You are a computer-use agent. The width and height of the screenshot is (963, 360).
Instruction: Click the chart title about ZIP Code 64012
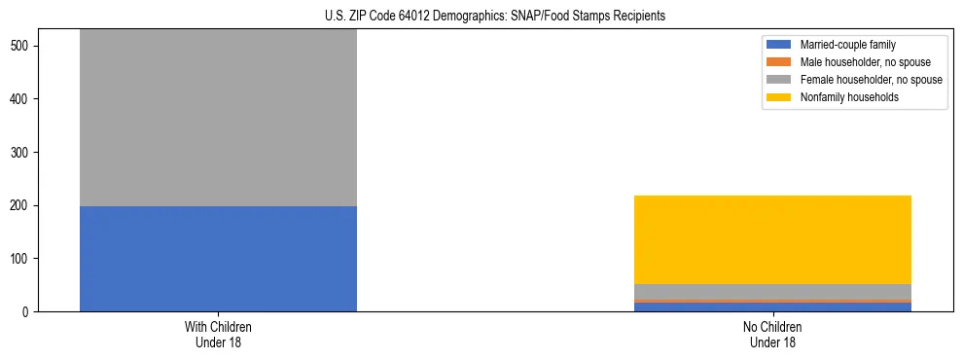pyautogui.click(x=495, y=17)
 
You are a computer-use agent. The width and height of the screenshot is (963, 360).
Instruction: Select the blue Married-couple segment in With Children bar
pyautogui.click(x=218, y=259)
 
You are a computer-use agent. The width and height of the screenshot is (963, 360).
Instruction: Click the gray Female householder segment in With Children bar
pyautogui.click(x=218, y=117)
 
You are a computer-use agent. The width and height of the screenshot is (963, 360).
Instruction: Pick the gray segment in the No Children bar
pyautogui.click(x=772, y=292)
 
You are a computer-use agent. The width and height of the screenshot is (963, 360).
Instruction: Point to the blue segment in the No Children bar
pyautogui.click(x=772, y=307)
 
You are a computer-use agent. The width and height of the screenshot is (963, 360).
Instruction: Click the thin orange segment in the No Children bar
pyautogui.click(x=772, y=302)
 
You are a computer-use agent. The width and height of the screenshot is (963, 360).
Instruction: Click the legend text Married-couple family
pyautogui.click(x=847, y=45)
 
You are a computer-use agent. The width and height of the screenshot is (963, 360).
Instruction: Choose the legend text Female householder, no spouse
pyautogui.click(x=871, y=80)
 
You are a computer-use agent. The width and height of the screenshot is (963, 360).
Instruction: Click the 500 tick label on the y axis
pyautogui.click(x=22, y=47)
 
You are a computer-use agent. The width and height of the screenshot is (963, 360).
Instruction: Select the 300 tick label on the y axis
pyautogui.click(x=22, y=153)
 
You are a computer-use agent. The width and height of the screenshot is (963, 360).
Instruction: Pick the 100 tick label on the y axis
pyautogui.click(x=22, y=259)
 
